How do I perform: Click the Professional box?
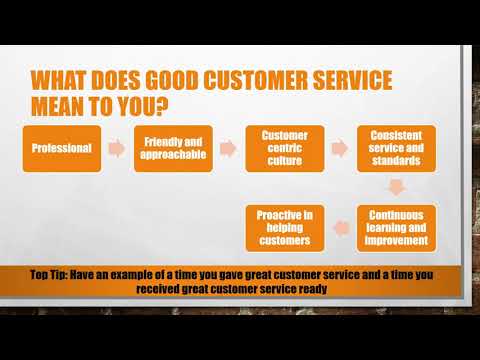[63, 148]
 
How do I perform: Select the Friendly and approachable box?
[172, 148]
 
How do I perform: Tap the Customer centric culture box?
[283, 148]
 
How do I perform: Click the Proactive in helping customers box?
[283, 227]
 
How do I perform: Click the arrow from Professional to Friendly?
[118, 148]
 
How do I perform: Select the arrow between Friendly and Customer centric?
[228, 148]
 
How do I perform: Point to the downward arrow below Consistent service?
[396, 187]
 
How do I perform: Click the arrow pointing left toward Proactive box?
[340, 227]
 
